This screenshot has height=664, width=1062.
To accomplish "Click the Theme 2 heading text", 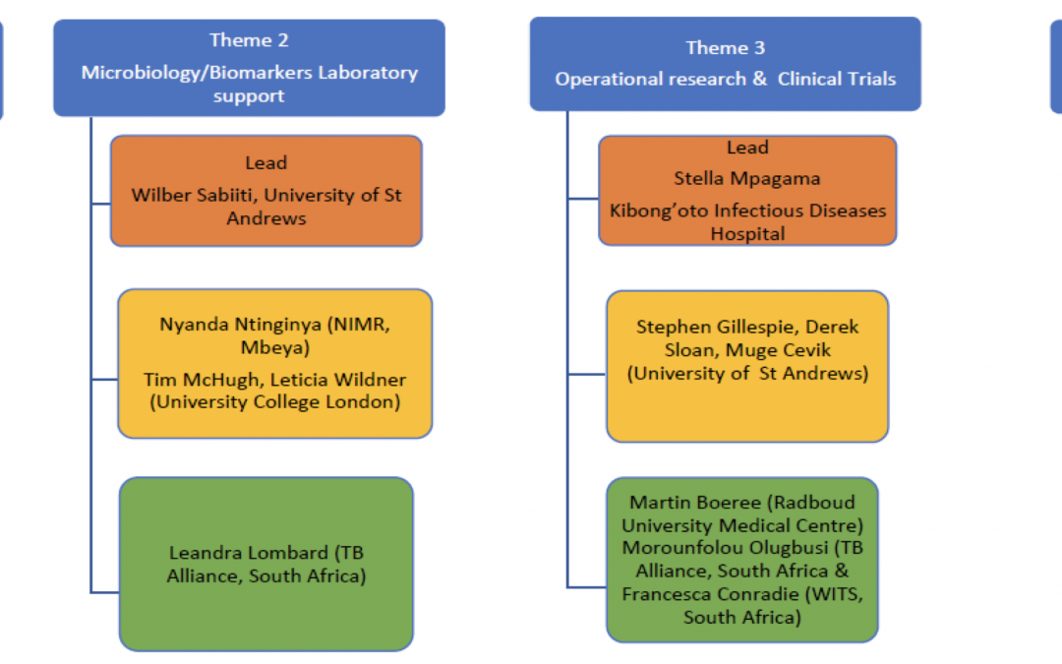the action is coord(249,40).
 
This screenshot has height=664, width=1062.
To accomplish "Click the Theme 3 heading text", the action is coord(726,48).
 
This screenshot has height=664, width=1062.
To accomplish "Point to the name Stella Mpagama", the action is coord(747,179).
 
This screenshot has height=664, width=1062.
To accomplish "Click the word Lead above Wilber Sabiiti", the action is coord(266,163).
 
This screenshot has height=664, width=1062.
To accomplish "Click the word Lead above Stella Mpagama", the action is coord(747,148).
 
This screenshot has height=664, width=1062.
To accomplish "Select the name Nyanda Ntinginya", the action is coord(241,325).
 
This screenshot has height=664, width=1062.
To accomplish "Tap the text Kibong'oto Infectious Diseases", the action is coord(747,211).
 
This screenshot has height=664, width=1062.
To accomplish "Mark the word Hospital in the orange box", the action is coord(747,234).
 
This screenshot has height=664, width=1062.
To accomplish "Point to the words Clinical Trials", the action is coord(837,80).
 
